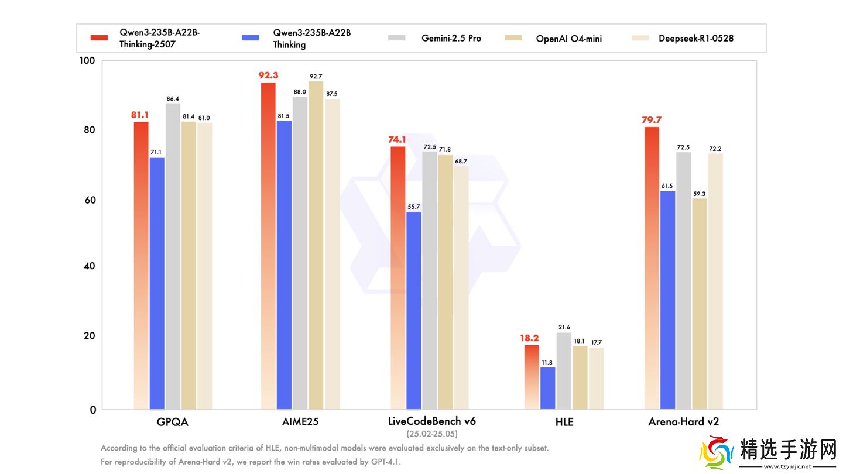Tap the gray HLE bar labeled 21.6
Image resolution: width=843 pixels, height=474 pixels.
click(x=564, y=371)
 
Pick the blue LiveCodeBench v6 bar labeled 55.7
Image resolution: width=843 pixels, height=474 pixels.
click(x=413, y=310)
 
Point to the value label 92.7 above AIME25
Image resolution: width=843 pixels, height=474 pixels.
click(x=316, y=77)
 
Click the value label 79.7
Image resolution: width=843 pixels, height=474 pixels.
click(x=652, y=121)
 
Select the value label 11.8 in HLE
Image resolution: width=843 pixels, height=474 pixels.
click(x=547, y=363)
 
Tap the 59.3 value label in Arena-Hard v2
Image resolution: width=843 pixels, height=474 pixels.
click(x=700, y=194)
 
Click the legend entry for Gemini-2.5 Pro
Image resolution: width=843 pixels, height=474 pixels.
click(x=451, y=39)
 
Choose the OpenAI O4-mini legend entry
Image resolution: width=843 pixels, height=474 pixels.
click(x=568, y=39)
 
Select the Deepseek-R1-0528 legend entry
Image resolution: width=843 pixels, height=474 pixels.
click(x=695, y=39)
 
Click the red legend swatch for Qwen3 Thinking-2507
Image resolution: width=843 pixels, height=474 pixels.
click(x=99, y=39)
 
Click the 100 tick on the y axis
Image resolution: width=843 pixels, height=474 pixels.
click(x=86, y=61)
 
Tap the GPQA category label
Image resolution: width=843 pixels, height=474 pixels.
click(x=173, y=421)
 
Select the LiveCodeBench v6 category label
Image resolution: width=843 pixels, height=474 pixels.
click(x=432, y=421)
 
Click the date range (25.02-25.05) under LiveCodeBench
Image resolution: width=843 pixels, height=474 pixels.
click(x=432, y=434)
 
